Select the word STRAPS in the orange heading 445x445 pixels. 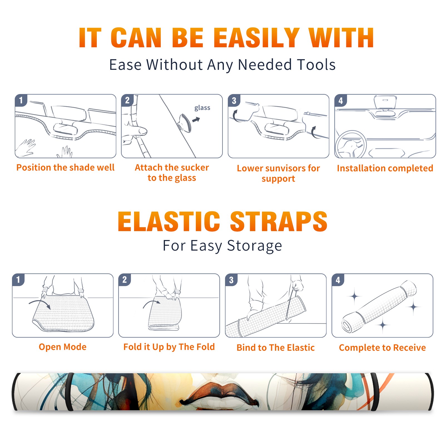(279, 221)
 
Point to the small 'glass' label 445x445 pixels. (202, 108)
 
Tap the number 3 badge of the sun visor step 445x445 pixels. (234, 100)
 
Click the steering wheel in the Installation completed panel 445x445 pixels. (351, 144)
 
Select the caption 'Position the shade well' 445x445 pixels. (65, 168)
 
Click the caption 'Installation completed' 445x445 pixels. (385, 168)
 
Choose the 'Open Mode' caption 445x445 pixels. (63, 347)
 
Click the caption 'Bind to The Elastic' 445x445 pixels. (276, 348)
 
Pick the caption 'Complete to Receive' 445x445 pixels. (382, 348)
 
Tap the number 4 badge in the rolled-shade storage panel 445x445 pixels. (338, 280)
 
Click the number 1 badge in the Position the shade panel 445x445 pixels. (21, 100)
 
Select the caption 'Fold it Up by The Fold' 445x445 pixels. (169, 347)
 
